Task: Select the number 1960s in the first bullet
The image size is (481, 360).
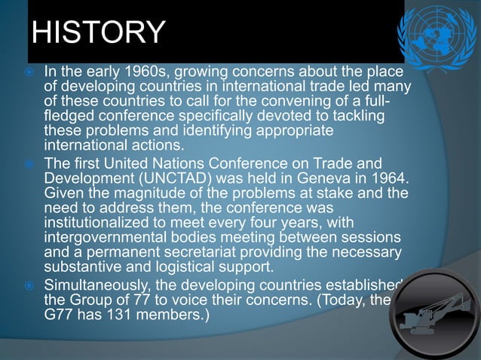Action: pyautogui.click(x=136, y=72)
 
